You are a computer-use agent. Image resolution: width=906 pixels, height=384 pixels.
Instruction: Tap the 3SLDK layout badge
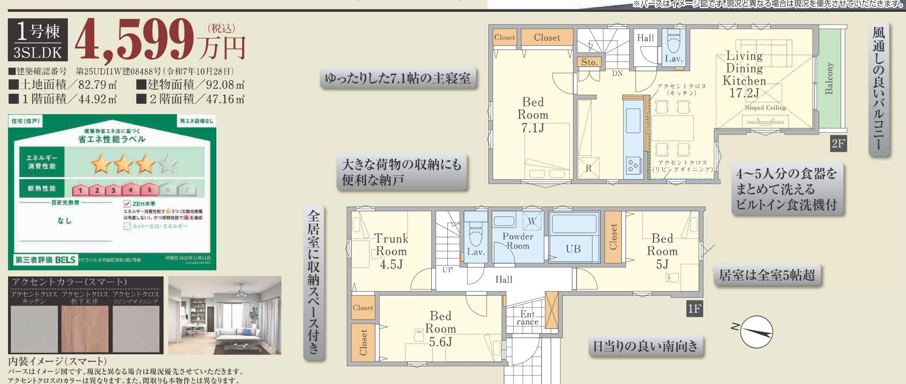click(x=38, y=52)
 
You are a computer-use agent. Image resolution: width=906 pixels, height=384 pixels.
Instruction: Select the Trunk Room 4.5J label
click(x=391, y=251)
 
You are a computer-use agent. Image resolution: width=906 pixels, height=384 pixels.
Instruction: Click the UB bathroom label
click(x=573, y=249)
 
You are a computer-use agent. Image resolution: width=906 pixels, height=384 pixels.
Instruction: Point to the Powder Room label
click(x=518, y=241)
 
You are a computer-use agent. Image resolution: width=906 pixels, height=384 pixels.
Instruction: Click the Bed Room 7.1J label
click(x=533, y=115)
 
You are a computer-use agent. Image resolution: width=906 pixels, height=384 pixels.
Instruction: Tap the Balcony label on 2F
click(x=829, y=78)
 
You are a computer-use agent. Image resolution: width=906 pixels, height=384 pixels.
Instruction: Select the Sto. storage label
click(x=589, y=62)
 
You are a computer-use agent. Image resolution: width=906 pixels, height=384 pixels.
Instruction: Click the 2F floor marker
click(x=838, y=143)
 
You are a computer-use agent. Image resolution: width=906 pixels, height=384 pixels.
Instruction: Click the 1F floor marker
click(x=694, y=309)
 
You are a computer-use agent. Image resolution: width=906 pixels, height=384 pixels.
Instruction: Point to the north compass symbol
click(x=755, y=331)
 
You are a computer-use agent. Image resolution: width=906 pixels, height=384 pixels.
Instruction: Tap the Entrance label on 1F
click(x=527, y=318)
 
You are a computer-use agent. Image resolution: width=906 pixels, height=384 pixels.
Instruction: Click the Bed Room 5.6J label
click(x=440, y=329)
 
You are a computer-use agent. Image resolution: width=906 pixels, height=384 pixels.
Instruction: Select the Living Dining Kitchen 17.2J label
click(x=744, y=75)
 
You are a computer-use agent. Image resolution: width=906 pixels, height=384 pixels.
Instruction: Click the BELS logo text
click(x=65, y=259)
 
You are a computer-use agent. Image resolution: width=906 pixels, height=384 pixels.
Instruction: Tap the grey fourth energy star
click(x=167, y=165)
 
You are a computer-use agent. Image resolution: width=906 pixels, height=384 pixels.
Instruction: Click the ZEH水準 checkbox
click(x=127, y=203)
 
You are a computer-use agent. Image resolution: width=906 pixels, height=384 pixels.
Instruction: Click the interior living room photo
click(x=225, y=315)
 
